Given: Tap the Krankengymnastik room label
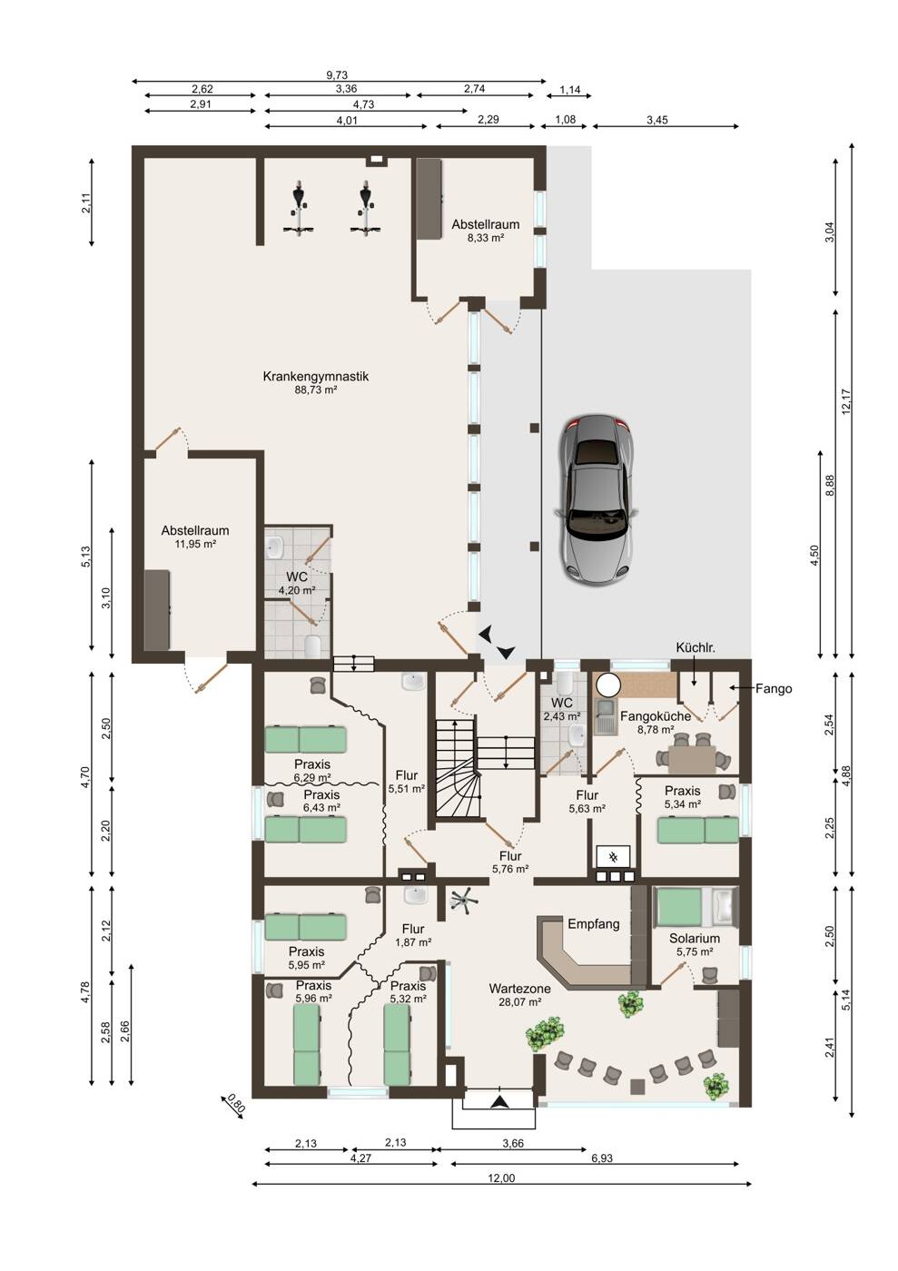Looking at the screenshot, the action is [316, 376].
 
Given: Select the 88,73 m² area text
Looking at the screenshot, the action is [316, 389].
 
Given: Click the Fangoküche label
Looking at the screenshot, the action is [655, 716].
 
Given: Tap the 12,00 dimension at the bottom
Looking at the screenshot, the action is [501, 1178].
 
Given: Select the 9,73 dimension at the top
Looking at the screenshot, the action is [337, 74].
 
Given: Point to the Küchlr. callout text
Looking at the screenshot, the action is [696, 648].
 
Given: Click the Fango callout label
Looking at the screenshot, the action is [773, 689].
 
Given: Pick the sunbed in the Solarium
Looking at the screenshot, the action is [696, 907].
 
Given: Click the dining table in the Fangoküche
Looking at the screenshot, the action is [691, 759].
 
